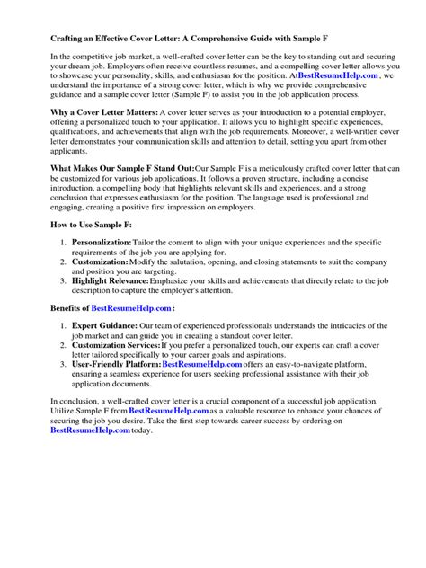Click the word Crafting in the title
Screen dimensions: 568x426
(x=46, y=40)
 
